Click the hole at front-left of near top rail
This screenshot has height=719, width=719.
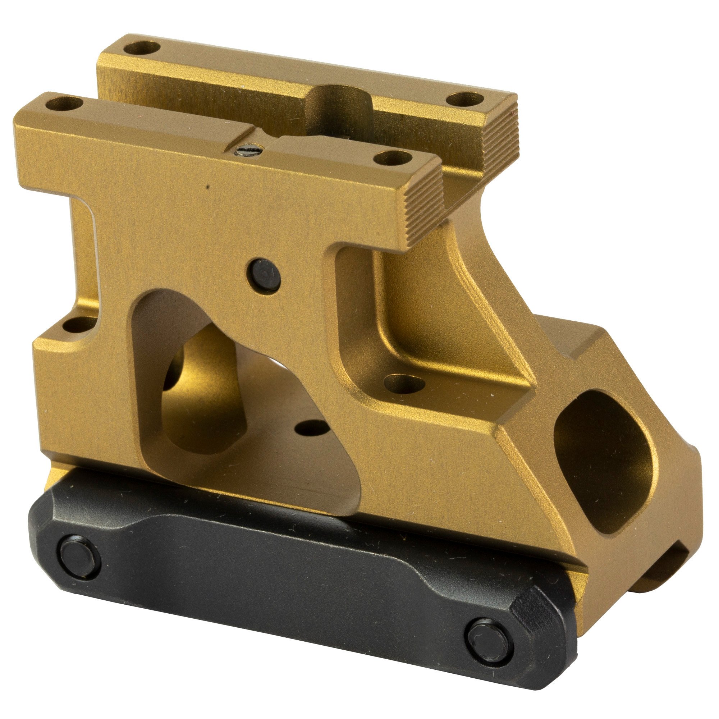tap(64, 104)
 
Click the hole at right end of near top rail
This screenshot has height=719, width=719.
tap(393, 158)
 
